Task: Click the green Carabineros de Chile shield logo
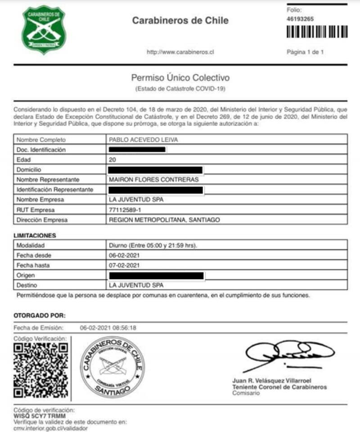tap(44, 30)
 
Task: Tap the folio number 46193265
tap(300, 19)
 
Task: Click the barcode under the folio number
tap(317, 32)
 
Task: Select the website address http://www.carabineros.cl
tap(180, 52)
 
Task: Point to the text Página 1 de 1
tap(305, 52)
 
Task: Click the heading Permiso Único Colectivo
tap(180, 78)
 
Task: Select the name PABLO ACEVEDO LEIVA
tap(144, 139)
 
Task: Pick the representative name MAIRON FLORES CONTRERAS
tap(154, 180)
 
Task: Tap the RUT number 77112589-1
tap(125, 210)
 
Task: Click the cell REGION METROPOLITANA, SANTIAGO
tap(165, 220)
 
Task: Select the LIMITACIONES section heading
tap(35, 235)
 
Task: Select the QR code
tap(41, 370)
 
